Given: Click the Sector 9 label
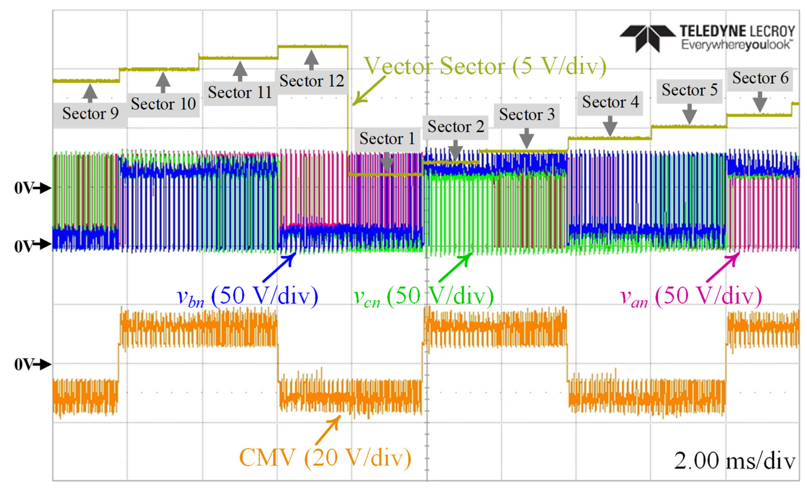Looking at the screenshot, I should [90, 113].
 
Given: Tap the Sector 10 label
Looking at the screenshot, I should [163, 104].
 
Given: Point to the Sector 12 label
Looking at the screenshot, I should [311, 81].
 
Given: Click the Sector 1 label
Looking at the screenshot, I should [387, 139].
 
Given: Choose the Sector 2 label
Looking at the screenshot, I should [456, 127].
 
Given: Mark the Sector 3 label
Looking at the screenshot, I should [527, 114].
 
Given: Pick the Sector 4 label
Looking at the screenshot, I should [610, 102].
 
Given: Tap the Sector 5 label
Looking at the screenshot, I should [689, 90].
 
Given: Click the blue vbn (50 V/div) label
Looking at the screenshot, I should [247, 296].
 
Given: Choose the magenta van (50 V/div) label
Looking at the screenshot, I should [691, 296].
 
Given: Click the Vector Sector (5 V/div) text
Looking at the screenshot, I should [485, 66].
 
